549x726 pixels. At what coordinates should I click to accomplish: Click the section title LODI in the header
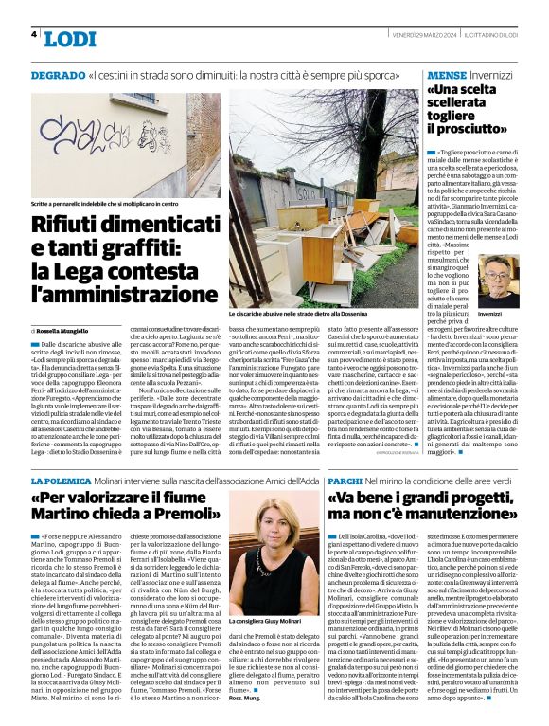(x=70, y=39)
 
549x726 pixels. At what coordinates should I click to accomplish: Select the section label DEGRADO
(x=57, y=74)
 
